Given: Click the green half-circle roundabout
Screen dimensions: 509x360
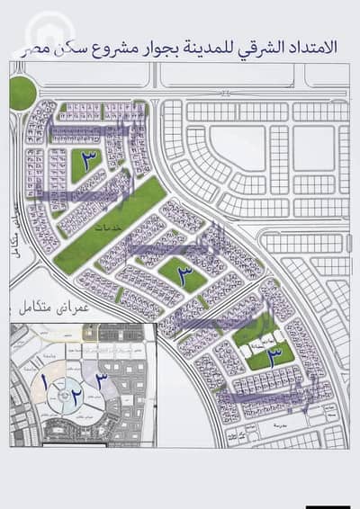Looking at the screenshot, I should [20, 93].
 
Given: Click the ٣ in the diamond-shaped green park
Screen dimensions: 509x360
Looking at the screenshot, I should [184, 275].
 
